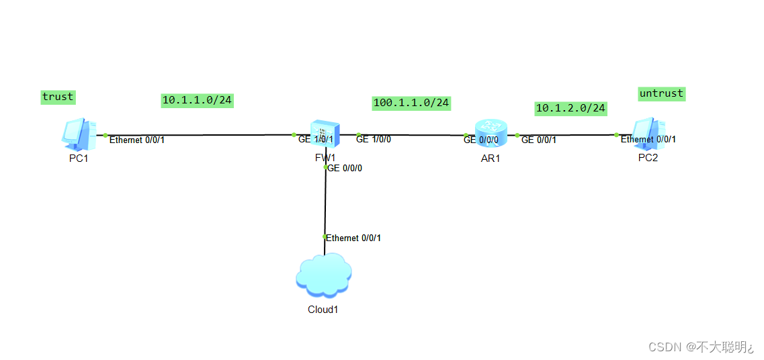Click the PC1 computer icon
pyautogui.click(x=77, y=133)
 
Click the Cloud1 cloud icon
pyautogui.click(x=323, y=275)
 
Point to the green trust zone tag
pyautogui.click(x=58, y=97)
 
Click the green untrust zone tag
pyautogui.click(x=661, y=93)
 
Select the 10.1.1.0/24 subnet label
pyautogui.click(x=197, y=100)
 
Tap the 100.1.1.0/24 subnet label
pyautogui.click(x=411, y=103)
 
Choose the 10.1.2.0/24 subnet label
pyautogui.click(x=570, y=107)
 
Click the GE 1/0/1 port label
pyautogui.click(x=316, y=139)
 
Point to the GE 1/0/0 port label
pyautogui.click(x=374, y=139)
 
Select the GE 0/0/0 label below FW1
pyautogui.click(x=345, y=169)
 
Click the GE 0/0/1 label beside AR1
pyautogui.click(x=538, y=140)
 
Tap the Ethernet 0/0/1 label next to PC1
pyautogui.click(x=136, y=140)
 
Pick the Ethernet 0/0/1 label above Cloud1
pyautogui.click(x=353, y=238)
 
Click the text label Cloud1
pyautogui.click(x=323, y=310)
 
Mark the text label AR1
pyautogui.click(x=491, y=159)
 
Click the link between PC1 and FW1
pyautogui.click(x=202, y=135)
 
